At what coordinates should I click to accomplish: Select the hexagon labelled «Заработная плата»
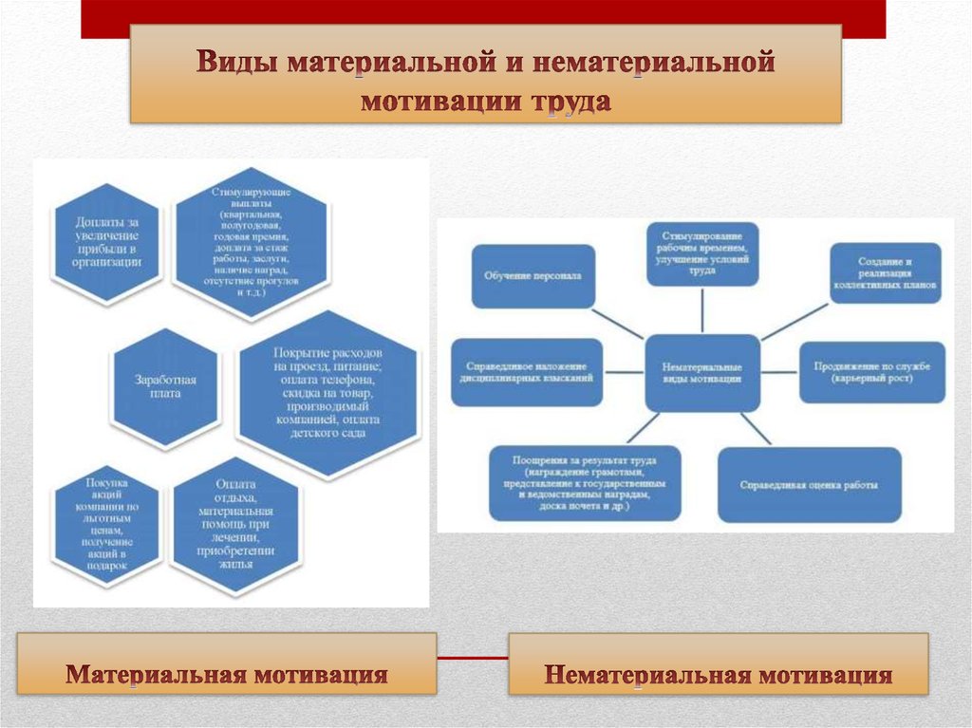(x=165, y=387)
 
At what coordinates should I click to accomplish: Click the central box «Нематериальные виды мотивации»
(x=702, y=372)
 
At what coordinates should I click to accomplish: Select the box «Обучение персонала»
(x=533, y=276)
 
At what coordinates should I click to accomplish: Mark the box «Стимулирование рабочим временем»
(x=702, y=254)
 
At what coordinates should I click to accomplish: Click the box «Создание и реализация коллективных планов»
(x=886, y=273)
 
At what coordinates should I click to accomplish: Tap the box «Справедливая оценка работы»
(x=809, y=484)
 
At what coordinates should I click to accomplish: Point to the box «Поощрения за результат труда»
(x=585, y=483)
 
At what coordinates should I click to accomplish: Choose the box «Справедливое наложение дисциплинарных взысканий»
(x=527, y=371)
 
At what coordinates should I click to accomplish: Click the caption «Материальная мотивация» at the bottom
(x=228, y=675)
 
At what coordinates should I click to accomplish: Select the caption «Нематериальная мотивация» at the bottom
(x=719, y=675)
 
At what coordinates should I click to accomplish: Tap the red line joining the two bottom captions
(x=473, y=658)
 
